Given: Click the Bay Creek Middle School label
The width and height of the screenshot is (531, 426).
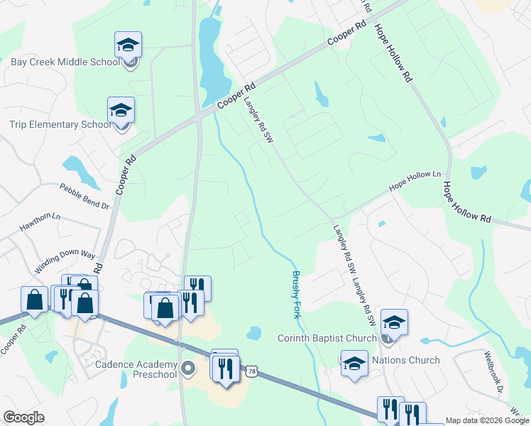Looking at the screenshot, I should (x=65, y=62).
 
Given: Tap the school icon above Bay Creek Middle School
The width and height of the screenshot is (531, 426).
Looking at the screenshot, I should (x=128, y=45).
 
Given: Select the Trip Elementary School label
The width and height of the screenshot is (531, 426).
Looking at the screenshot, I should (x=60, y=124).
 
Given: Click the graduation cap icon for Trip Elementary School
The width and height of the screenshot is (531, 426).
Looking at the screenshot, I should (x=121, y=111).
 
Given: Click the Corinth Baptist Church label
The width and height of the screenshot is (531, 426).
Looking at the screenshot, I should (x=326, y=338).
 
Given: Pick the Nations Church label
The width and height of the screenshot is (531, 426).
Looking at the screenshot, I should (x=406, y=360).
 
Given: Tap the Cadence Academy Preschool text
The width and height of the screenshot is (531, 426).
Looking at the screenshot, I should (x=136, y=369).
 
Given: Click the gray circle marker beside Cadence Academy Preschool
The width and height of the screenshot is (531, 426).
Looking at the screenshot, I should (x=188, y=368).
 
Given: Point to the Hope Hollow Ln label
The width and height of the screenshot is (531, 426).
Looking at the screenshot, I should (x=415, y=182).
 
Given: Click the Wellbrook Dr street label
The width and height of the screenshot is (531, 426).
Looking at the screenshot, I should (x=494, y=371).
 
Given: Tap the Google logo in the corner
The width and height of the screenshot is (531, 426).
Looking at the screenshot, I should (x=23, y=417).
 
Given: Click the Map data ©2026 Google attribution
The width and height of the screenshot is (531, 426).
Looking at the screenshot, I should (x=488, y=420).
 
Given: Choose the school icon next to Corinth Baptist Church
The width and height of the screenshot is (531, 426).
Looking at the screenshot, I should (x=394, y=323).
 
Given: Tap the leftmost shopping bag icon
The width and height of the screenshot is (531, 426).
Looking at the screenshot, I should (x=34, y=300).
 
